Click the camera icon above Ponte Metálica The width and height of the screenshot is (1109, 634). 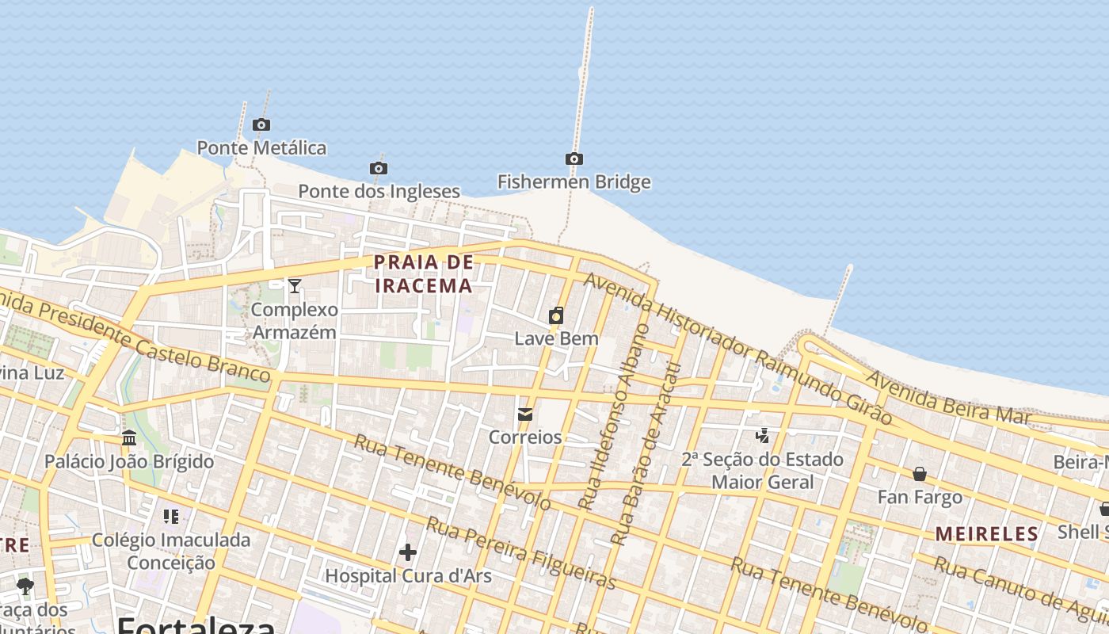point(261,124)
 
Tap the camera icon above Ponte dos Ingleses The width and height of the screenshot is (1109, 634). point(379,168)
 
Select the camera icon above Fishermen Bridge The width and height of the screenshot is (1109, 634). point(574,158)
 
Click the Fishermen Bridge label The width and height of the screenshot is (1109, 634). point(574,182)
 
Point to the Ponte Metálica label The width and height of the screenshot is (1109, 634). point(261,148)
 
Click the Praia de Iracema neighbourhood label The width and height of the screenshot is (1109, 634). point(424,274)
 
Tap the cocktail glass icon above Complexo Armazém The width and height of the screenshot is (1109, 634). point(295,285)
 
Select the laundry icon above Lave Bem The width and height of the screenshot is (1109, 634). point(556,315)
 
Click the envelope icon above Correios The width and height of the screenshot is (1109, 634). point(524,414)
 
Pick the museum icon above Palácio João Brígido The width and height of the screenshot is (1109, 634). point(129,437)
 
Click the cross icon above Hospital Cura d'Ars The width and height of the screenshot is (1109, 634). point(408,552)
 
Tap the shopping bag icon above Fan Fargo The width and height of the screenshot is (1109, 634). point(920,474)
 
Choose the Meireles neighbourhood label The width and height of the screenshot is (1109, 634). point(987,534)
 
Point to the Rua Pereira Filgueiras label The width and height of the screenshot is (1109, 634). point(521,552)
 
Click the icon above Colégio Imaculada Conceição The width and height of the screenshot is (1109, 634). point(171,517)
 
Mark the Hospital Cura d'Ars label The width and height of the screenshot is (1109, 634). point(408,576)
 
